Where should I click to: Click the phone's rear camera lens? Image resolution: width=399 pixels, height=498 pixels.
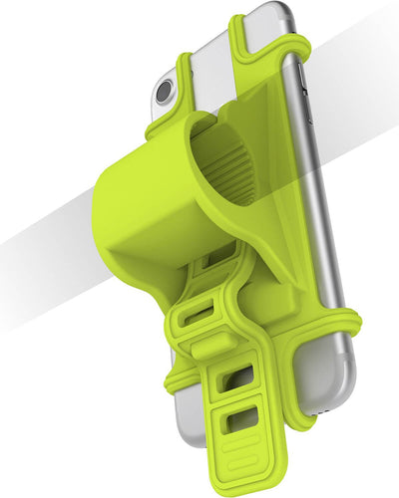(164, 93)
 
